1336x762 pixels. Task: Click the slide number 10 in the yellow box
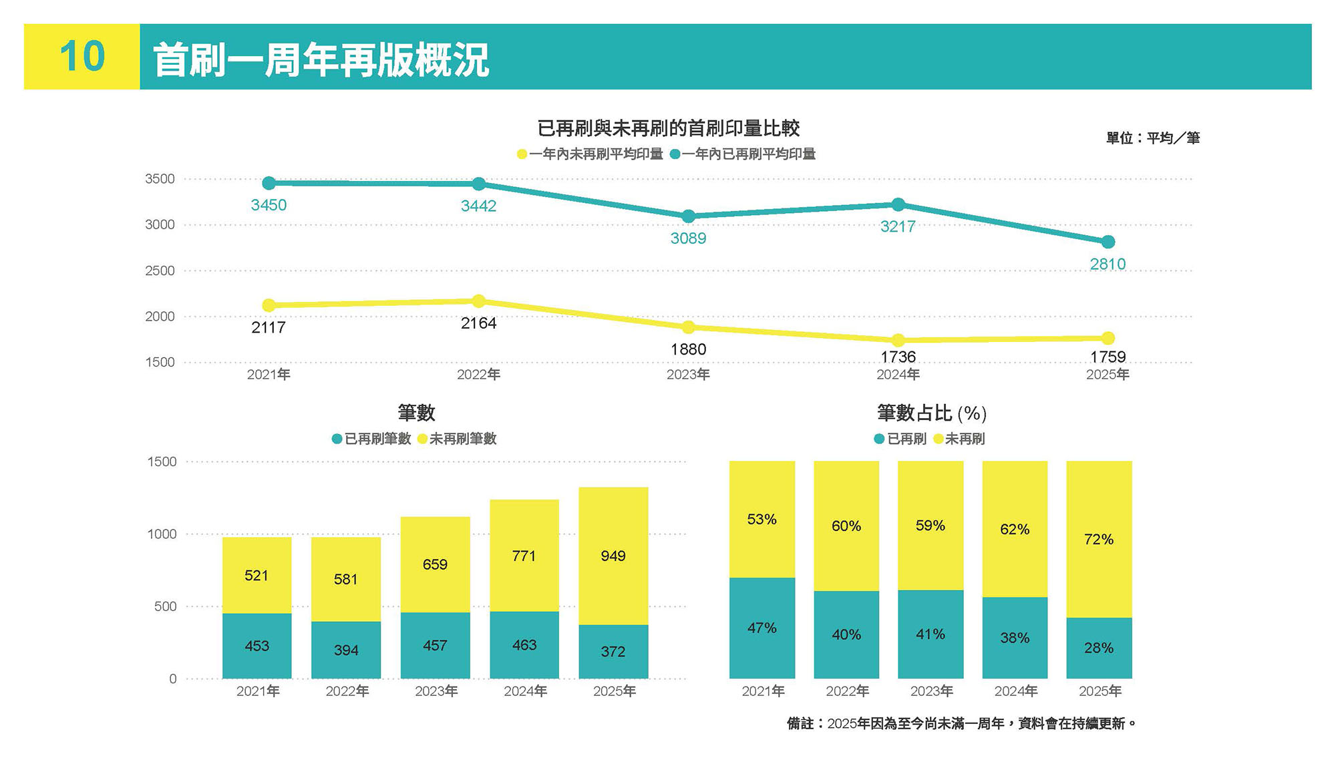click(x=82, y=57)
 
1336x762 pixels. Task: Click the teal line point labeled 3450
click(x=269, y=183)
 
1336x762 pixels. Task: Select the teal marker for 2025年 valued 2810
click(x=1108, y=242)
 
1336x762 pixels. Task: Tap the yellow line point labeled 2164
click(x=478, y=301)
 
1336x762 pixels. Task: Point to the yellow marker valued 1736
click(x=898, y=340)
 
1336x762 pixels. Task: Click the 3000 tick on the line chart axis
click(x=160, y=224)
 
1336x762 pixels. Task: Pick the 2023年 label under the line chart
click(x=688, y=375)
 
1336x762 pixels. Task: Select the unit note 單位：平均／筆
click(x=1152, y=138)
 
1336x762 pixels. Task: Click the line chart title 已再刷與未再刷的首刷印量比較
click(x=668, y=128)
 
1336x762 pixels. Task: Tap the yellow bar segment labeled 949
click(x=613, y=556)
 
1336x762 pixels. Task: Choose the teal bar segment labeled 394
click(x=346, y=650)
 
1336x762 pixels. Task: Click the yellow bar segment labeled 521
click(x=257, y=575)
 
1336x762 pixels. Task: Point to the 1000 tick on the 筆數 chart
click(x=162, y=534)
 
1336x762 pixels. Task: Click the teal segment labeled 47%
click(x=762, y=628)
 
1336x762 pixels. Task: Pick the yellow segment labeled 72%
click(x=1099, y=539)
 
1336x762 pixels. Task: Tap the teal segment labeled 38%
click(x=1014, y=638)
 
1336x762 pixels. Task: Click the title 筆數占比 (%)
click(x=931, y=413)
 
